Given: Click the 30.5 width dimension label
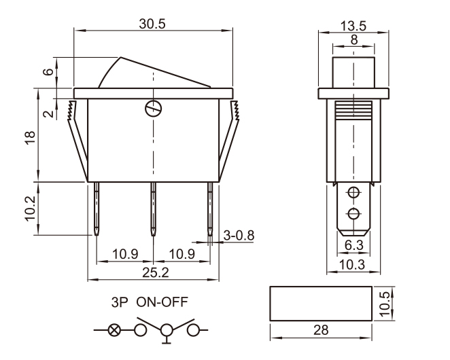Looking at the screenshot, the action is coord(152,24).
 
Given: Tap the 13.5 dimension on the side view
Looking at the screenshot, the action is coord(353,26).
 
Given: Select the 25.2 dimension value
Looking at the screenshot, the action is coord(156,272).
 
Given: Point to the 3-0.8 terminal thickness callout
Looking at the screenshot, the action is coord(239,236).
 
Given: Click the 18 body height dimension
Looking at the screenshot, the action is coord(30,138).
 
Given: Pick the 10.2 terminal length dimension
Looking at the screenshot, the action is coord(30,209).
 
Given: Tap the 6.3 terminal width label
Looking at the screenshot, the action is coord(354,245).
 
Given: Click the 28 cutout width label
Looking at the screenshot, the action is coord(321,330).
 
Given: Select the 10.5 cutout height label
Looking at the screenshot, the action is coord(385,304).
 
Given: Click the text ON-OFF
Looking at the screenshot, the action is coord(162,302).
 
